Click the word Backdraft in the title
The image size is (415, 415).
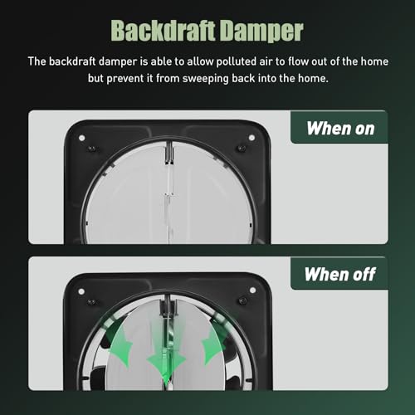point(164,31)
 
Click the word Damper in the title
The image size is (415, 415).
point(262,31)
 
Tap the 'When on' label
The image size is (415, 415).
point(340,129)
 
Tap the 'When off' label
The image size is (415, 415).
point(340,274)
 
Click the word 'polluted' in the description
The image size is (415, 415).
point(236,61)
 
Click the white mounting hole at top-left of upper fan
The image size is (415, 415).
point(81,138)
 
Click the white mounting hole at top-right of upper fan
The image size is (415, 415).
point(251,138)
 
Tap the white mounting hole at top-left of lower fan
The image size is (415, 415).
point(81,291)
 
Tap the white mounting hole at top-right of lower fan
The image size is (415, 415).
point(252,290)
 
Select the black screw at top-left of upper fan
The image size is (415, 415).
point(91,149)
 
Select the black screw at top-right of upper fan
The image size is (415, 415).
point(241,148)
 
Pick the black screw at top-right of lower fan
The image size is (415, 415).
point(242,300)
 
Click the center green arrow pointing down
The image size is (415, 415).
point(166,359)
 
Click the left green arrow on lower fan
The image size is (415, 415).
point(119,343)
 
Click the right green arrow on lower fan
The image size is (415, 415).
point(214,343)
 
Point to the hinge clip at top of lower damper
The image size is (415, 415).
point(168,306)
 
